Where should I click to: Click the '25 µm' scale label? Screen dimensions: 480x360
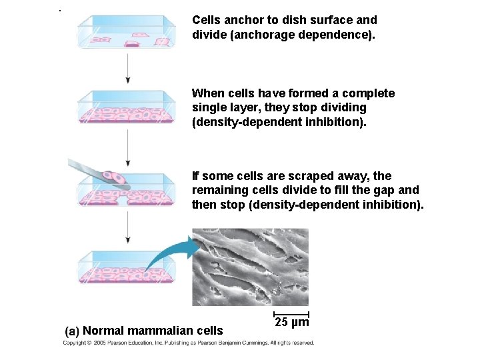click(291, 323)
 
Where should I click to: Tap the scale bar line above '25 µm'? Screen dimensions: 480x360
click(291, 313)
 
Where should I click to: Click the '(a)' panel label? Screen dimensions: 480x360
click(72, 331)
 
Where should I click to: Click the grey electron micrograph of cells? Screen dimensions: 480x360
click(250, 267)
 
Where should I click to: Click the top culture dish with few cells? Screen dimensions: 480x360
click(126, 33)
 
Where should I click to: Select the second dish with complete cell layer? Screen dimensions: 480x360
click(126, 108)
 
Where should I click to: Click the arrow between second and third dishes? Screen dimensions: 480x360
click(127, 148)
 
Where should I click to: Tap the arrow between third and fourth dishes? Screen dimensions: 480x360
click(127, 230)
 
